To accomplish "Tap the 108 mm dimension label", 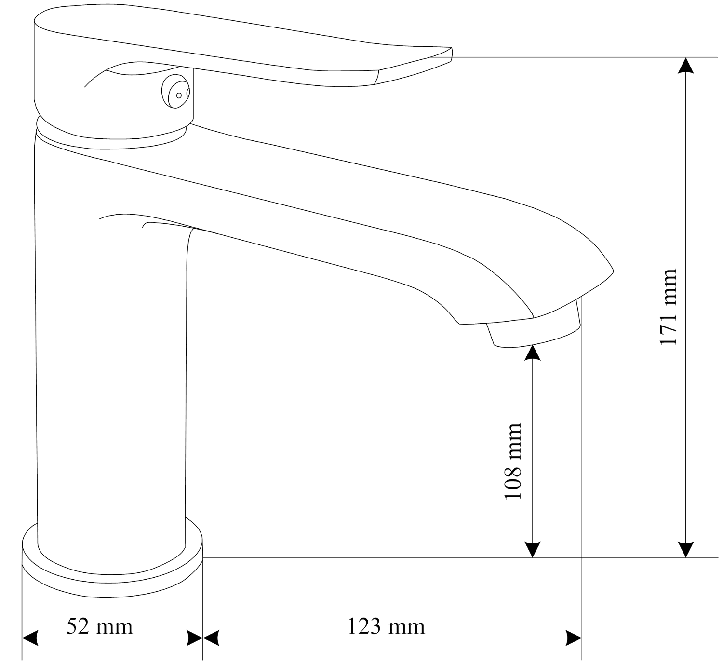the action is (x=513, y=461).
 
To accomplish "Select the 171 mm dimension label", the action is (x=668, y=307).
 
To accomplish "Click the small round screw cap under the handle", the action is (x=175, y=91).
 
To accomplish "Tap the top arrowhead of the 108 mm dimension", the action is (x=532, y=353).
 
